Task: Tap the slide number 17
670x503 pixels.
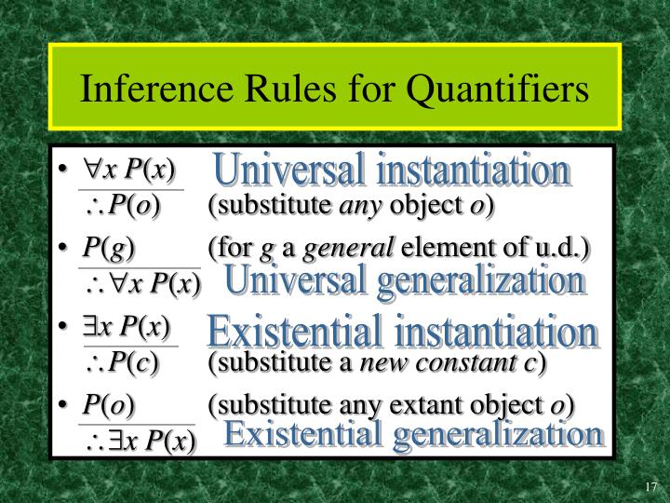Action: (650, 486)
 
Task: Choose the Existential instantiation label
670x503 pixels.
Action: (402, 332)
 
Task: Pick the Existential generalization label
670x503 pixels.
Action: (413, 434)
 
